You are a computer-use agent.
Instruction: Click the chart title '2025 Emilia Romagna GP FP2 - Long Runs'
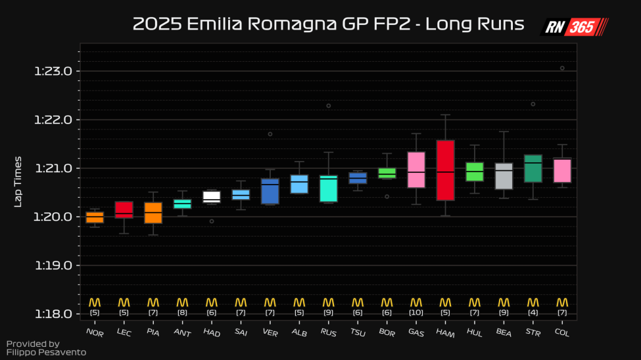point(328,24)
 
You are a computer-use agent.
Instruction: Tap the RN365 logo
point(574,27)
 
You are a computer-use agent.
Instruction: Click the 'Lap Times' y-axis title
point(18,181)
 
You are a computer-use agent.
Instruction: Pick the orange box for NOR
point(95,217)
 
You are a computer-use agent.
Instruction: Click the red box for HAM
point(445,169)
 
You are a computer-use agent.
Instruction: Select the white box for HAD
point(211,196)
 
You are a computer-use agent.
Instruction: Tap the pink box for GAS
point(416,169)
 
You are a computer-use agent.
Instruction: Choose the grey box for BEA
point(504,176)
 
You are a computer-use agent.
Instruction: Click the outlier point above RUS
point(329,106)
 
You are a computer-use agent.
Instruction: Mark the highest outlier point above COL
point(562,68)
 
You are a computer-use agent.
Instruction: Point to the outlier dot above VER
point(270,134)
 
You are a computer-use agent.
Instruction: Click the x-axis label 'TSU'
point(358,333)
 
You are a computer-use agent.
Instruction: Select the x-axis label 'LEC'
point(124,333)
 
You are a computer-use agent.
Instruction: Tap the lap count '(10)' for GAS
point(416,312)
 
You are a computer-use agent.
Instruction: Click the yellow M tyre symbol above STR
point(533,302)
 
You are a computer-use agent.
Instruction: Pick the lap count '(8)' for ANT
point(182,312)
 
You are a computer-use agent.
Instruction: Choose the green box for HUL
point(475,171)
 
